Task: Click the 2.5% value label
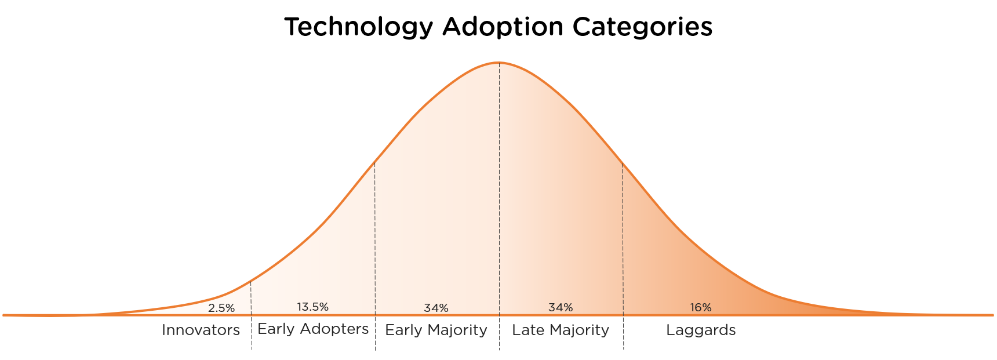(x=221, y=308)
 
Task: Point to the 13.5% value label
(x=313, y=307)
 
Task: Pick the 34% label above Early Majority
(x=436, y=308)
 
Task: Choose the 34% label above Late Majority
(x=561, y=307)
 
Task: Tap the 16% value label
(x=701, y=308)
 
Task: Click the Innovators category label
(x=201, y=330)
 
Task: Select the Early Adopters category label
(x=313, y=329)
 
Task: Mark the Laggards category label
(x=701, y=330)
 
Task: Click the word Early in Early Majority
(x=401, y=330)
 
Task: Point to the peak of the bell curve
(x=499, y=62)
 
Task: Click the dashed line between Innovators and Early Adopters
(x=251, y=336)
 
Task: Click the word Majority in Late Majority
(x=579, y=330)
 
